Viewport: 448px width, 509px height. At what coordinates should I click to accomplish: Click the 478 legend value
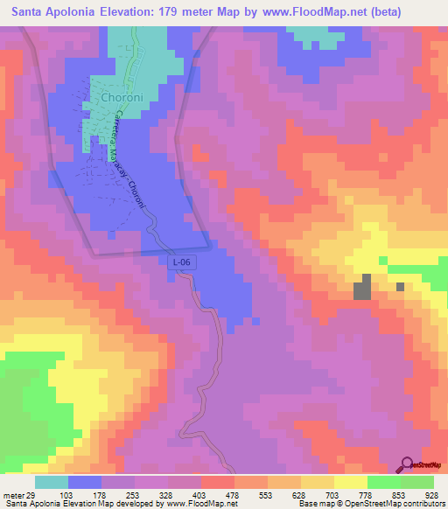tap(233, 495)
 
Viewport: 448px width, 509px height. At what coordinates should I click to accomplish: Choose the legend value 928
tap(431, 495)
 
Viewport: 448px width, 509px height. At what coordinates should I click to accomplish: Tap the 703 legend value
tap(332, 495)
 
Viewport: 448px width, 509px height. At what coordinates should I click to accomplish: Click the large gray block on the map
tap(361, 289)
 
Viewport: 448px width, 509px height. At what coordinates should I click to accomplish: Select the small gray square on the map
tap(400, 286)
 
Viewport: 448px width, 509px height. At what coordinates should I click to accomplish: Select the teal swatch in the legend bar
tap(51, 482)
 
